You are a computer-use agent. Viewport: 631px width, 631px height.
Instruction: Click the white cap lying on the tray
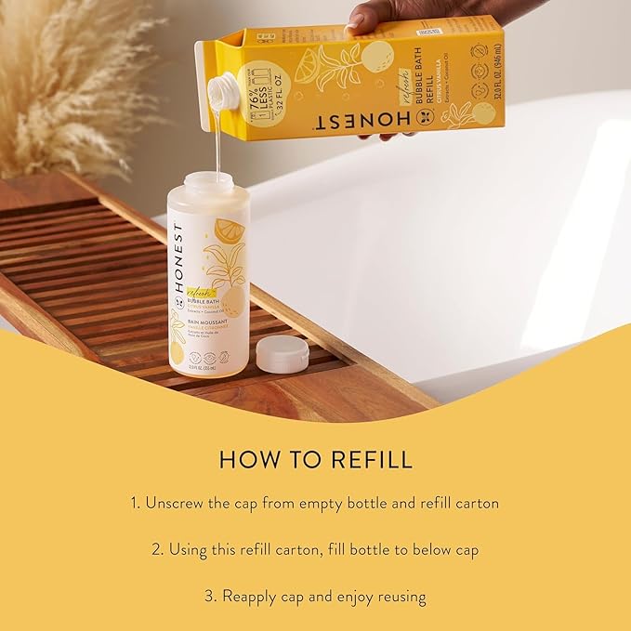(282, 352)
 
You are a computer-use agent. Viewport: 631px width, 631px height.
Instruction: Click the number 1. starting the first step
(136, 503)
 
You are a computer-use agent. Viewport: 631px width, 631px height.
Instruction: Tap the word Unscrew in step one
(177, 503)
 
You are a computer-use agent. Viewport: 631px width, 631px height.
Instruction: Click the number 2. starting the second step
(158, 549)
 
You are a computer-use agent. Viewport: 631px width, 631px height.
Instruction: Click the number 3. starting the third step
(210, 596)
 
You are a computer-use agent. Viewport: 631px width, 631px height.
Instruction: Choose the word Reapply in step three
(254, 596)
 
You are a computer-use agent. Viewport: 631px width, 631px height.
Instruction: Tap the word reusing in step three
(400, 596)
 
